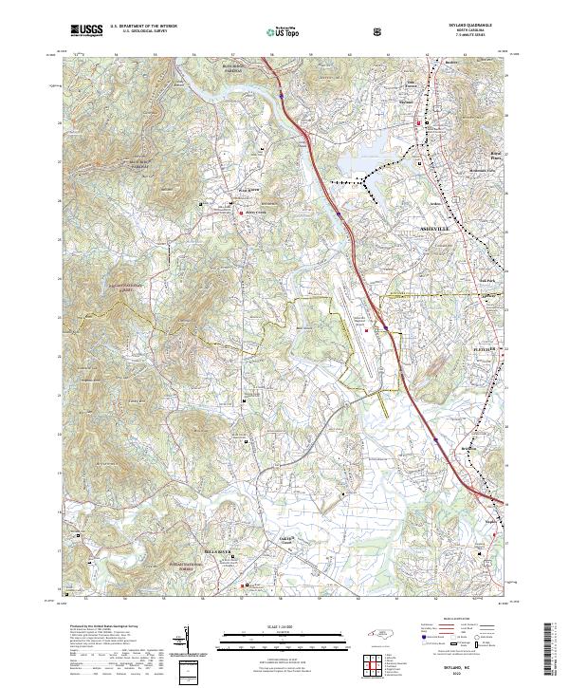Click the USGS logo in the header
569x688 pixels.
click(x=86, y=31)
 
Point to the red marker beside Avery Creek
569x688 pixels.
click(x=239, y=213)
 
